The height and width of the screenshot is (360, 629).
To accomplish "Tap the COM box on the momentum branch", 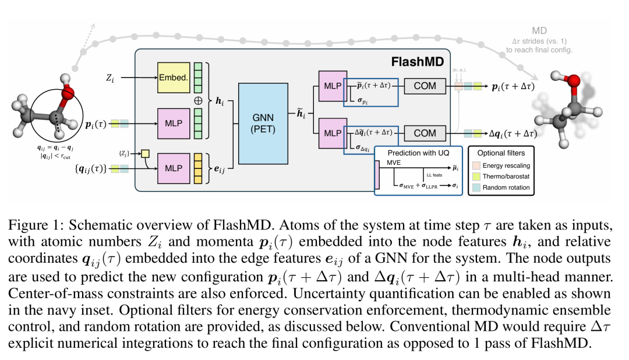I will [425, 86].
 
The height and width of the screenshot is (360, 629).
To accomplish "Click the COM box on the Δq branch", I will [425, 133].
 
